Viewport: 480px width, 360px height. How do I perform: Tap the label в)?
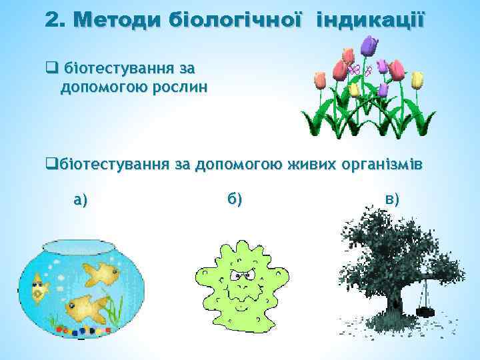(392, 198)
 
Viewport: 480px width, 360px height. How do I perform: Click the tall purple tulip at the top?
(368, 45)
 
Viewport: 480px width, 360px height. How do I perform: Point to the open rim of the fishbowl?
(83, 245)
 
